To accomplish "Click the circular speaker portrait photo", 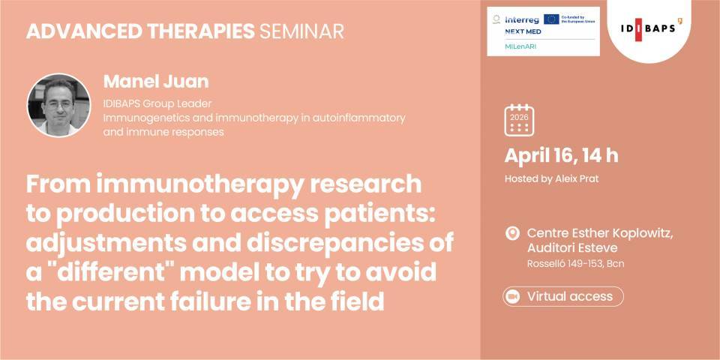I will [58, 105].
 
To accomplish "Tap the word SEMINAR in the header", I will [301, 31].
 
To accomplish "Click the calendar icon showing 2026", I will [519, 120].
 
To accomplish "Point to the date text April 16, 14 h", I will [561, 156].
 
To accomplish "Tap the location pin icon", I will [513, 233].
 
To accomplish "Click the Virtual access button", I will [563, 296].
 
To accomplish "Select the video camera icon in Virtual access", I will [514, 296].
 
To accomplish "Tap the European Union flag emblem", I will [551, 19].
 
